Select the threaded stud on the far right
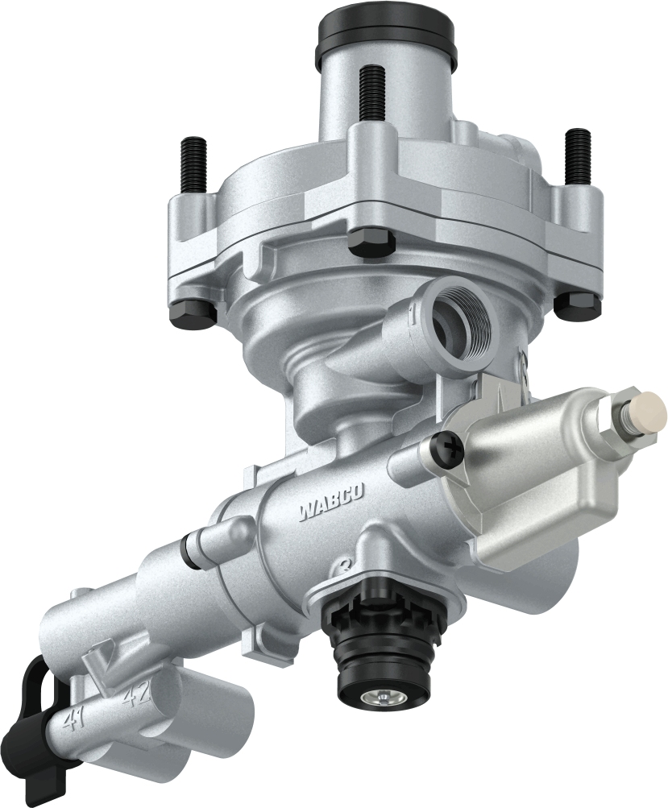tap(577, 155)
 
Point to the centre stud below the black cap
tap(372, 93)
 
